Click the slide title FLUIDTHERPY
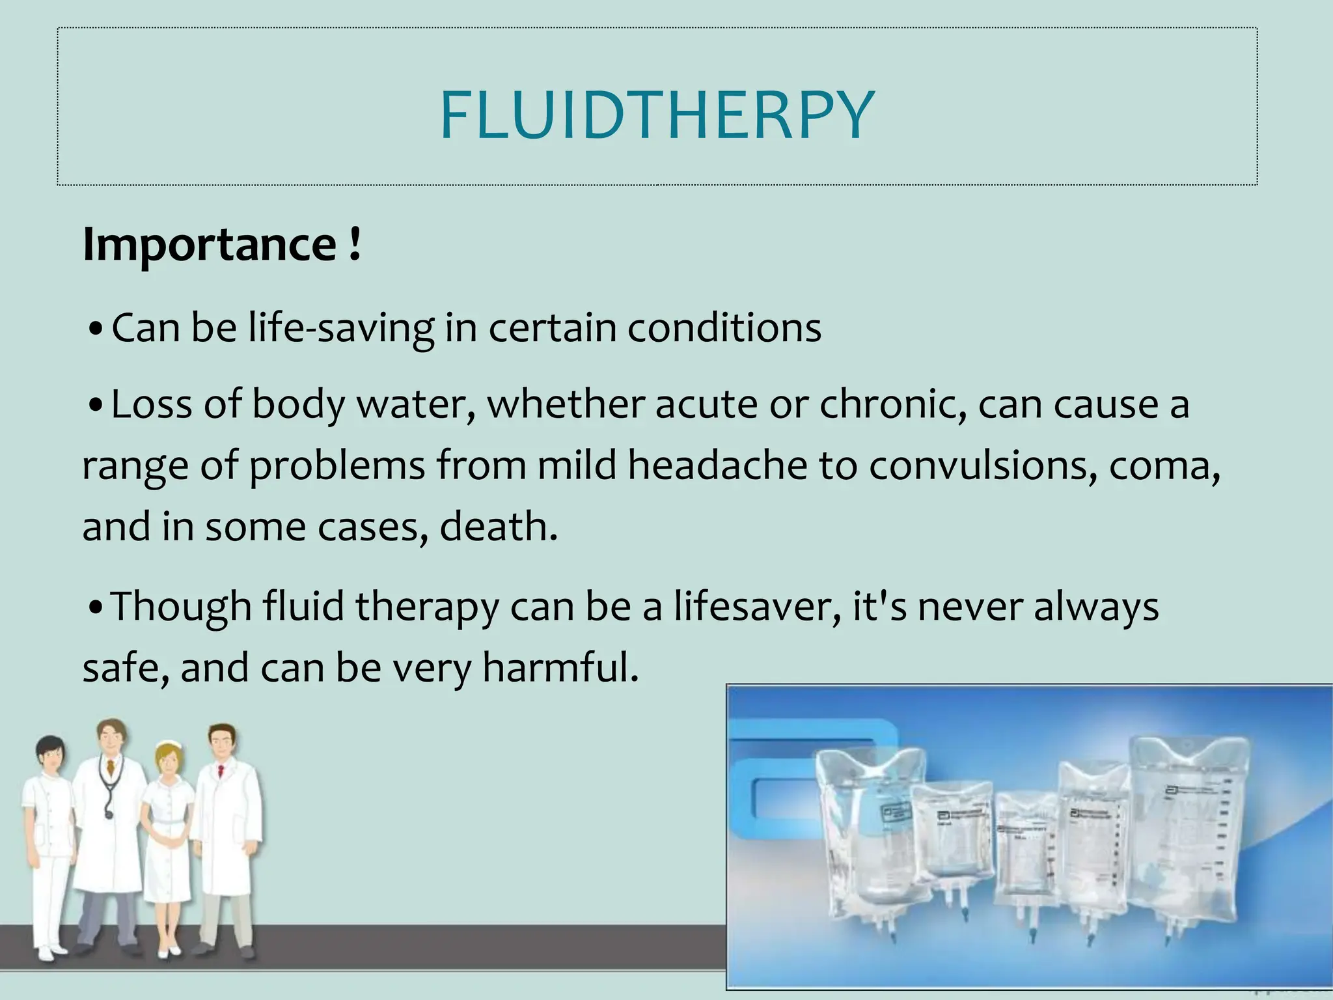[657, 116]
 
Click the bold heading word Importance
[210, 245]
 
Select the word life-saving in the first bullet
[341, 327]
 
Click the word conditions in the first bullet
[724, 327]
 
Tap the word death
[498, 527]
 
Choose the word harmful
[560, 668]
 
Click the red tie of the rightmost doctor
[221, 771]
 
